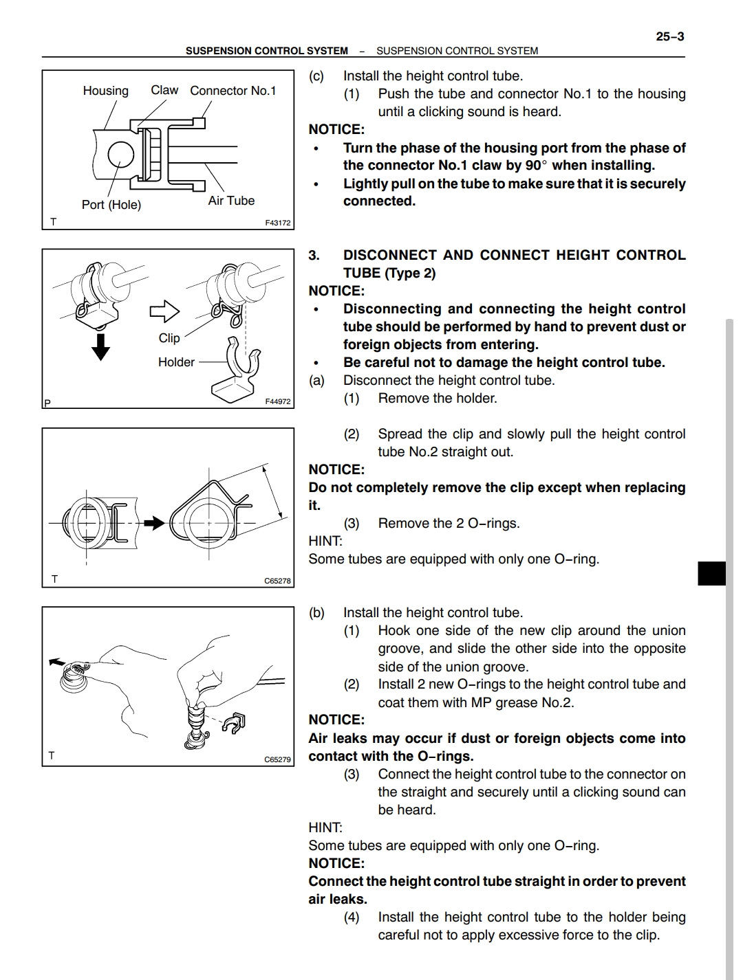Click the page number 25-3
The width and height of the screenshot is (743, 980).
point(669,36)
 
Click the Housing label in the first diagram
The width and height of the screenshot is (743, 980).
point(105,91)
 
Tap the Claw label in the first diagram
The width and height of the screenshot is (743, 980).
point(164,90)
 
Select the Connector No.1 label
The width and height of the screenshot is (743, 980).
point(233,91)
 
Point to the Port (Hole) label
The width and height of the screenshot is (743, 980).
point(111,205)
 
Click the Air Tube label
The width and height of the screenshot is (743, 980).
point(231,201)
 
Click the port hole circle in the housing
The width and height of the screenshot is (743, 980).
point(120,154)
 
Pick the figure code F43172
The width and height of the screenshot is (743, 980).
point(278,223)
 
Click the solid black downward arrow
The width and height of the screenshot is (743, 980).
point(101,346)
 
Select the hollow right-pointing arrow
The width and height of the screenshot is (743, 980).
point(164,311)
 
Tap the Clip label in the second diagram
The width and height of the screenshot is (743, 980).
point(169,338)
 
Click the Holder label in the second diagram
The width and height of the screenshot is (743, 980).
point(176,362)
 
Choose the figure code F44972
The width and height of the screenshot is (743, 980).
point(278,401)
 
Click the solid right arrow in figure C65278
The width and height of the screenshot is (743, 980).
point(153,523)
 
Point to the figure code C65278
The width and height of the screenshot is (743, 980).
point(277,581)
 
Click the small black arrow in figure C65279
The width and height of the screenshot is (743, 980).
point(55,662)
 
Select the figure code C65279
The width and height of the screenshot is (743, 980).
point(277,759)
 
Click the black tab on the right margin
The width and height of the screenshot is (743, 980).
point(711,573)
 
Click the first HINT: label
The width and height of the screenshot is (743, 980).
point(325,542)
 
